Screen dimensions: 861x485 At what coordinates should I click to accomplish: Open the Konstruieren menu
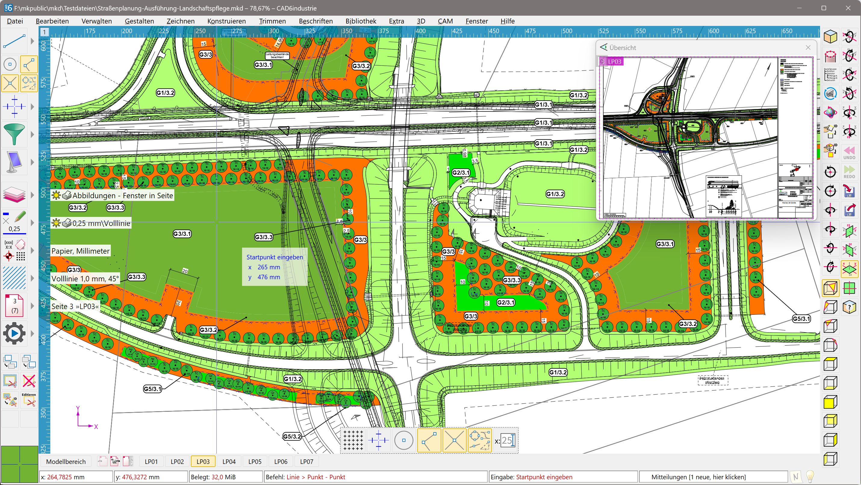pyautogui.click(x=226, y=21)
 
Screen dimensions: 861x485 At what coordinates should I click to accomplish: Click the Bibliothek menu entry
pyautogui.click(x=361, y=21)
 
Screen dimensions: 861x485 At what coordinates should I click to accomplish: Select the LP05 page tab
pyautogui.click(x=255, y=462)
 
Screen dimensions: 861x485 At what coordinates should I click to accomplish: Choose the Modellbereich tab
pyautogui.click(x=66, y=462)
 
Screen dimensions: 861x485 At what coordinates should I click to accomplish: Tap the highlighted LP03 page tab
pyautogui.click(x=203, y=462)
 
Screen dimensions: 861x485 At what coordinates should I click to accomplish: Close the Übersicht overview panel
pyautogui.click(x=808, y=48)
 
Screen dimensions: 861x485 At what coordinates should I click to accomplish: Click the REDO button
pyautogui.click(x=849, y=172)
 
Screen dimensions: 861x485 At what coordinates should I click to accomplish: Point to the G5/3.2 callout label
pyautogui.click(x=292, y=436)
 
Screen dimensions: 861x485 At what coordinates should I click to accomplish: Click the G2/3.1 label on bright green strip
pyautogui.click(x=506, y=302)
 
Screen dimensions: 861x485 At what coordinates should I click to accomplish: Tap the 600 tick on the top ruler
pyautogui.click(x=713, y=31)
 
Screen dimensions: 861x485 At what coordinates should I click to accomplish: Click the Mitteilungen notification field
pyautogui.click(x=698, y=477)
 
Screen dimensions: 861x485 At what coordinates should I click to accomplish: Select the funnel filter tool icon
pyautogui.click(x=14, y=134)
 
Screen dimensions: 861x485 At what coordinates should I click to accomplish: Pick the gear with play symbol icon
pyautogui.click(x=14, y=333)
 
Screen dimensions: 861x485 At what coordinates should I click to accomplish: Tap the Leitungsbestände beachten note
pyautogui.click(x=277, y=55)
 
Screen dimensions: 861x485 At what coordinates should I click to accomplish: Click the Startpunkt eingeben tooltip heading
pyautogui.click(x=275, y=257)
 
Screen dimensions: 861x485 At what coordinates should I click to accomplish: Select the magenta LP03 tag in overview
pyautogui.click(x=611, y=61)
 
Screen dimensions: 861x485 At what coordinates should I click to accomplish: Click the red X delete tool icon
pyautogui.click(x=29, y=381)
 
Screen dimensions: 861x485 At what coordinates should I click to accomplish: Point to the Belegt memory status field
pyautogui.click(x=225, y=477)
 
